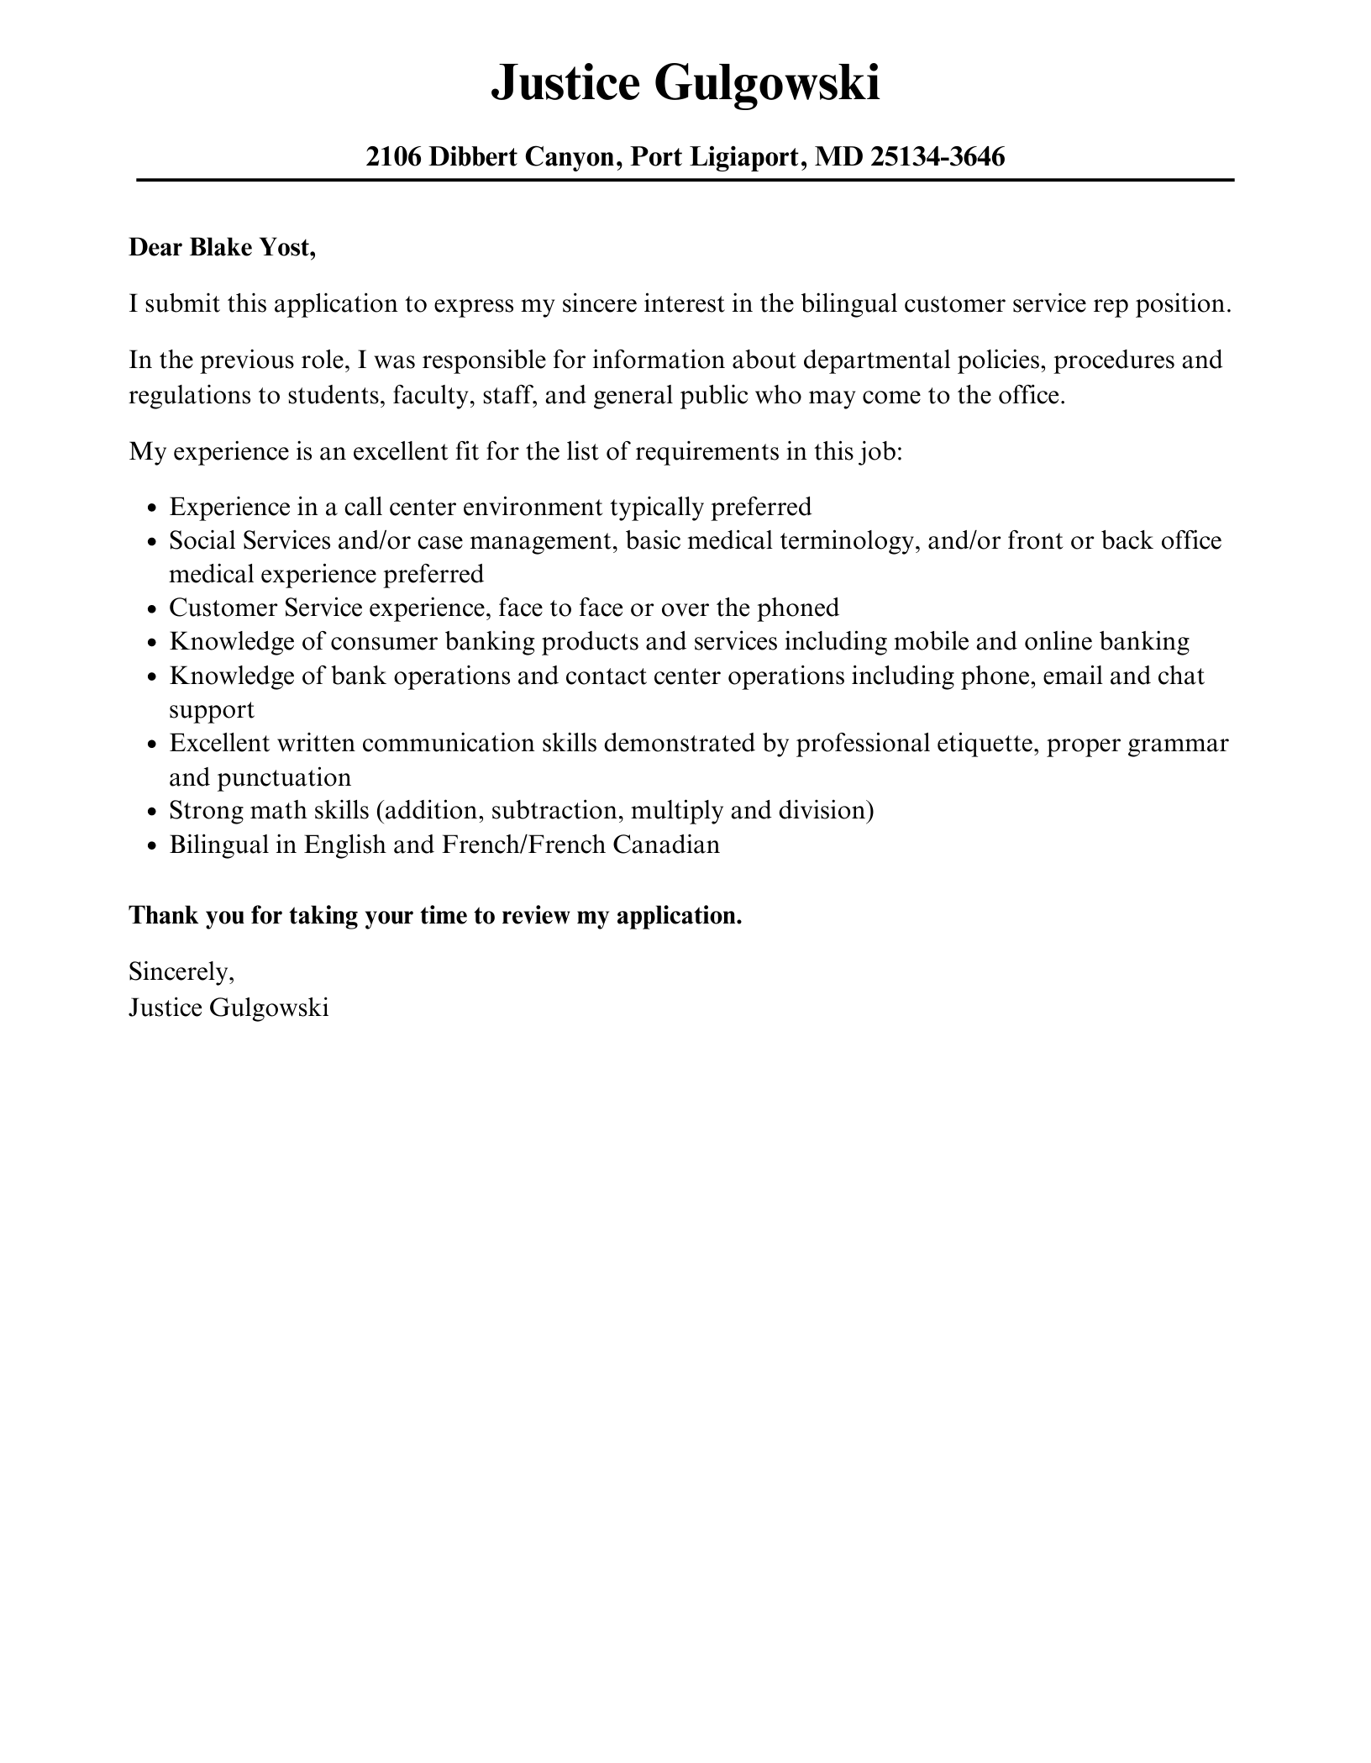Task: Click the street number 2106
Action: pos(393,156)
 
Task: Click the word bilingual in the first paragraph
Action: pos(848,303)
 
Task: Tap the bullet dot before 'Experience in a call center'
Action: pos(151,508)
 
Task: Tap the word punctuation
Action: pos(284,777)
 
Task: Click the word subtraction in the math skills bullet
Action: pos(556,810)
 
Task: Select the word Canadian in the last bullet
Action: pos(665,844)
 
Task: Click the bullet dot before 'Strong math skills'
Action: pos(151,812)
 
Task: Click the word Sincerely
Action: pos(181,971)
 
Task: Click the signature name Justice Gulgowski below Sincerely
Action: pos(228,1007)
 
